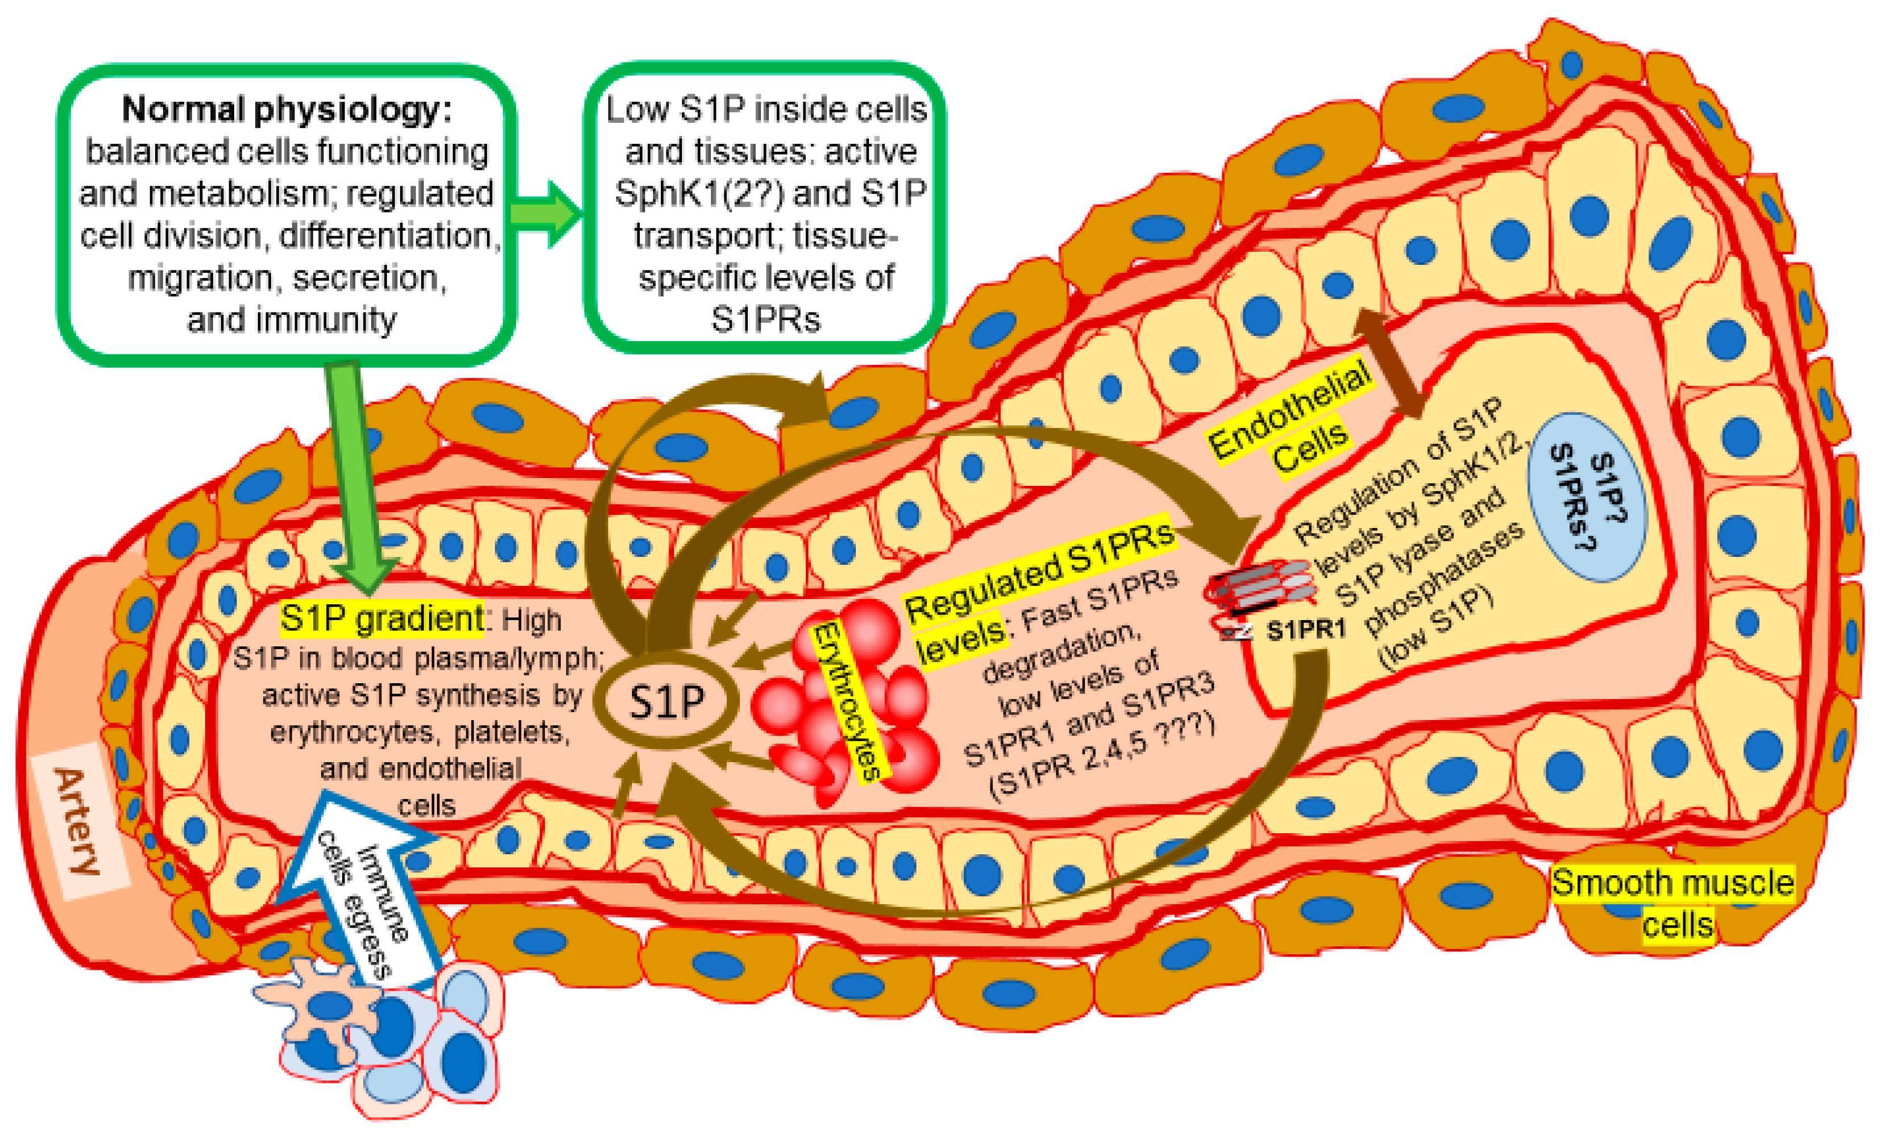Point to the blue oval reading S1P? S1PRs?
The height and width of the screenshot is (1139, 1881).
click(1586, 497)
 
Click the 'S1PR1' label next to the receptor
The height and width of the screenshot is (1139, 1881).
click(1306, 630)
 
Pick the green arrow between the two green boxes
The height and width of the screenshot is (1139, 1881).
click(545, 214)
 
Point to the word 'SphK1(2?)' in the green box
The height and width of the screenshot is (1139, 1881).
click(698, 193)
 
